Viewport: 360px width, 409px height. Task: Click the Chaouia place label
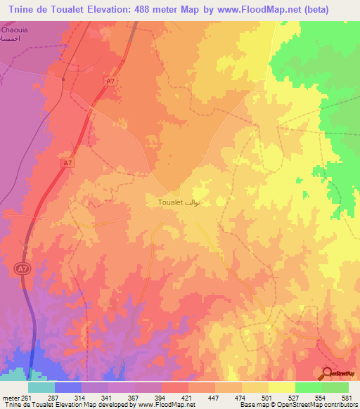coord(15,32)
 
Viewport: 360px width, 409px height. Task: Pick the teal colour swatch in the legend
coord(41,387)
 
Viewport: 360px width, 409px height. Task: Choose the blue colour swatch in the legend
coord(68,387)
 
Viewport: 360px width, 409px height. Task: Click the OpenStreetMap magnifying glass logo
coord(328,373)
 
